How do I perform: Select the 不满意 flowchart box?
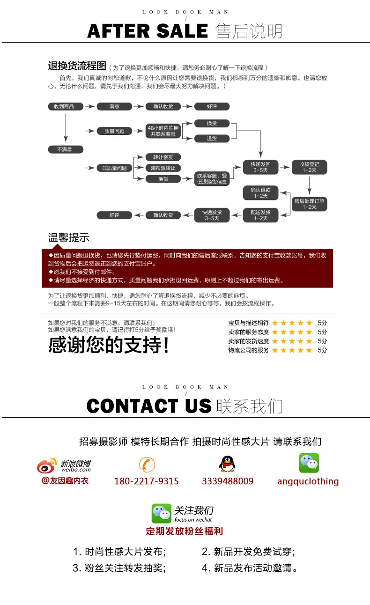(x=66, y=149)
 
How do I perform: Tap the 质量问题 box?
(x=114, y=132)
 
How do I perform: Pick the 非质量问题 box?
(x=114, y=168)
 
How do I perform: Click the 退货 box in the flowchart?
(x=212, y=139)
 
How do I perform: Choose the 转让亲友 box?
(x=163, y=157)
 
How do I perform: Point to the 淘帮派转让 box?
(x=163, y=168)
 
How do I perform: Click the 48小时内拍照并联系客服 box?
(x=163, y=131)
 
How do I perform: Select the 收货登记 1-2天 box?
(x=309, y=167)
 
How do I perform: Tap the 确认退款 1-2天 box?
(x=260, y=193)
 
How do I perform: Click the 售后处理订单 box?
(x=309, y=204)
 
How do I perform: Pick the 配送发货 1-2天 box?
(x=260, y=215)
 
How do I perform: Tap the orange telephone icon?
(x=147, y=465)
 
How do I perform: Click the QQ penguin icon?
(x=227, y=464)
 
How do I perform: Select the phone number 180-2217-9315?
(x=147, y=481)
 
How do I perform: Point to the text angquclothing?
(x=308, y=481)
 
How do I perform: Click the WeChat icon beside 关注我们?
(x=162, y=513)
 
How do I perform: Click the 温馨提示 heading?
(x=68, y=237)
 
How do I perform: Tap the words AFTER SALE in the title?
(x=148, y=31)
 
